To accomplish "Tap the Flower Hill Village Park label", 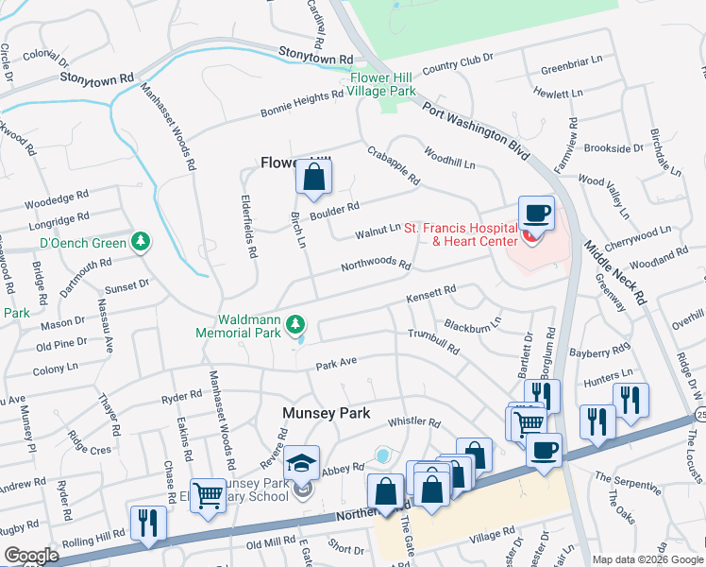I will click(382, 85).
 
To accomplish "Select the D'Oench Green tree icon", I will click(141, 243).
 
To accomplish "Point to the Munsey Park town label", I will click(326, 414).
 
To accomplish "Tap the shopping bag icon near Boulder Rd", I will click(314, 176).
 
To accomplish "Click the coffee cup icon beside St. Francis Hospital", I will click(536, 213).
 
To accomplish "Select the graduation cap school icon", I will click(302, 463).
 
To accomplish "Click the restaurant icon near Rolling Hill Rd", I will click(148, 524).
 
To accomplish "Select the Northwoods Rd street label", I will click(377, 266).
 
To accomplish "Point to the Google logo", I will click(31, 556).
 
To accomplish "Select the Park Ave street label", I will click(336, 363).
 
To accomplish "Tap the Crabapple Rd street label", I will click(393, 165).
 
